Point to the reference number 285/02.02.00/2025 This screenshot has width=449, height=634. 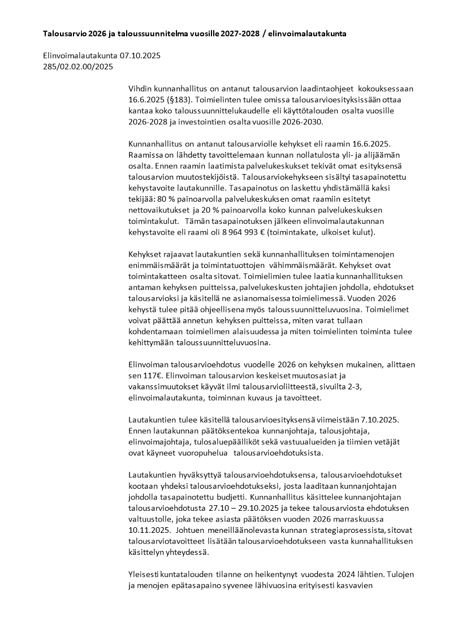78,67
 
